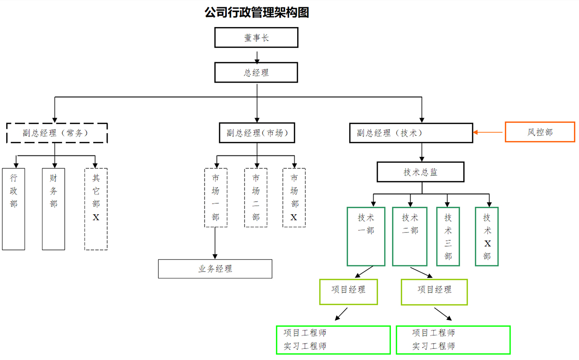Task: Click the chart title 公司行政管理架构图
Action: pos(257,13)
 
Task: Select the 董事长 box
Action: pos(256,38)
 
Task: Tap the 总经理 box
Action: pos(256,73)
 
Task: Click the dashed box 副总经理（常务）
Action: pos(57,133)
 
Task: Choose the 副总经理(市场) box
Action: pos(257,133)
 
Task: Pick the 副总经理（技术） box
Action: pos(411,133)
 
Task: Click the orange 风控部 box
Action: pos(539,132)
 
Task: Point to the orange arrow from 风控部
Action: pos(489,132)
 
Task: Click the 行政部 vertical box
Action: pos(14,208)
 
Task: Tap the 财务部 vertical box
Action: pos(54,208)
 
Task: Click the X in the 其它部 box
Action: pos(96,218)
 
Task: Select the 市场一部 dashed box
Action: pos(215,198)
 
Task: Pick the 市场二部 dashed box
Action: pos(256,198)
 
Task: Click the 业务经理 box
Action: pos(215,269)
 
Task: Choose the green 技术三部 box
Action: pos(448,236)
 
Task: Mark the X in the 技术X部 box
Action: pos(487,243)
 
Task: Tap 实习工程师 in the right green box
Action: pos(434,346)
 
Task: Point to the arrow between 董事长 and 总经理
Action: pos(257,56)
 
